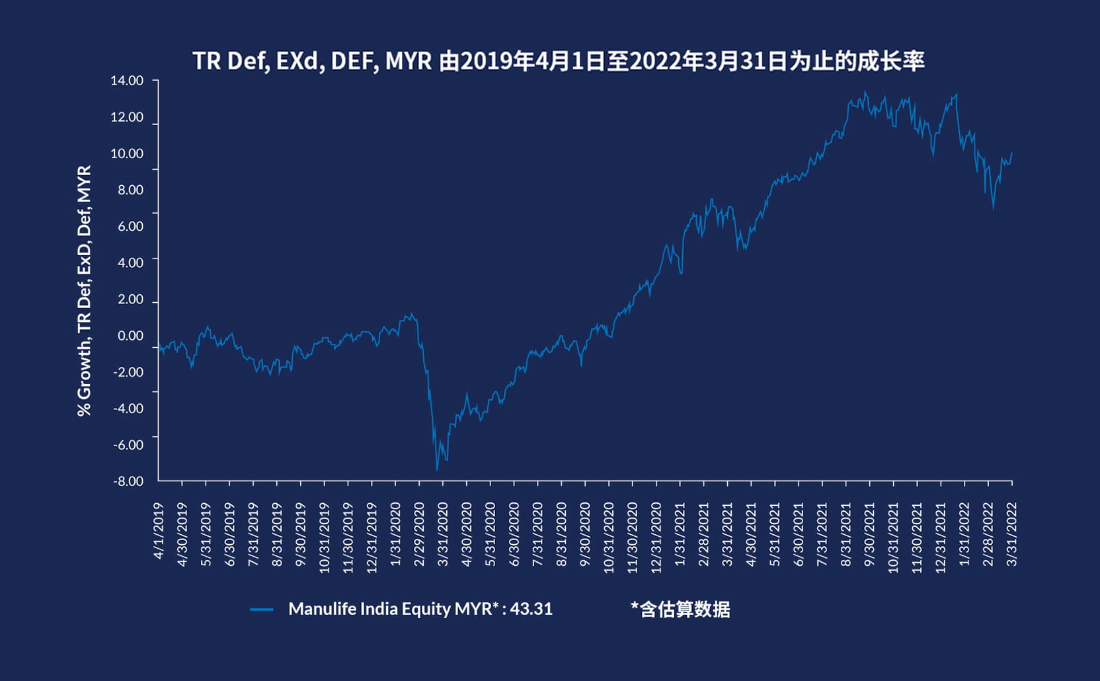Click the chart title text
pos(558,61)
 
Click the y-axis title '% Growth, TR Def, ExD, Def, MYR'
pos(84,291)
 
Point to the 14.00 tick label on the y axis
pos(127,81)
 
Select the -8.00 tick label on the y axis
pos(128,481)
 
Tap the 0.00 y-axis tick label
pos(130,336)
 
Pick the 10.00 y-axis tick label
pos(127,153)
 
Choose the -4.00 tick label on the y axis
pos(128,409)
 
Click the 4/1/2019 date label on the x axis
pos(159,531)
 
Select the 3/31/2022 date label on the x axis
pos(1012,534)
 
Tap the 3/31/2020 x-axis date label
pos(443,534)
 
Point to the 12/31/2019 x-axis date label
pos(372,538)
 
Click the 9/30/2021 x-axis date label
pos(870,534)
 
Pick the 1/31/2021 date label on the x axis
pos(680,534)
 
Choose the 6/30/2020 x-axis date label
pos(514,534)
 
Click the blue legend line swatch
pos(262,610)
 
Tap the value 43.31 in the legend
pos(531,609)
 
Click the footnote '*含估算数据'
pos(680,609)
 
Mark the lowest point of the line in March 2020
pos(437,470)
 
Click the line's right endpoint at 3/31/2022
pos(1011,153)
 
